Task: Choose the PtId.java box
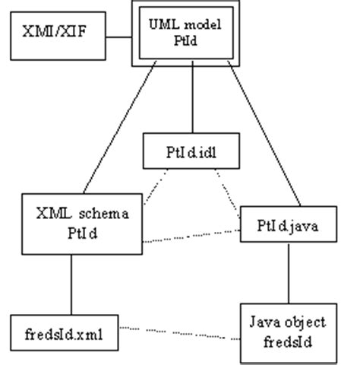(289, 225)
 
